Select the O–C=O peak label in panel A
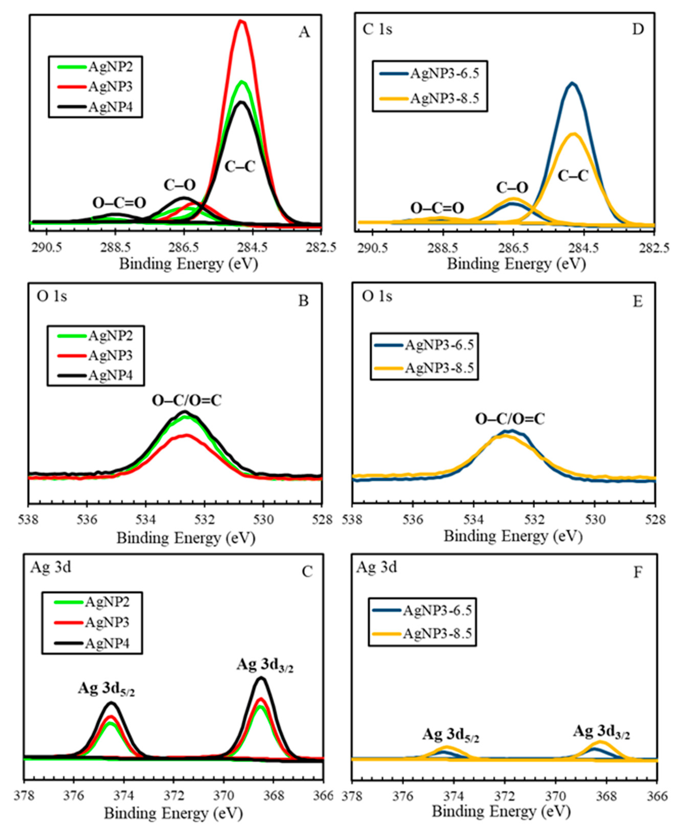[119, 203]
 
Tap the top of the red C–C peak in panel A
[241, 21]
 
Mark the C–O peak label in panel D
[512, 188]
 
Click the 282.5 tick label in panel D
[655, 248]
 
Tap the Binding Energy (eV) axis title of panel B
[186, 538]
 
